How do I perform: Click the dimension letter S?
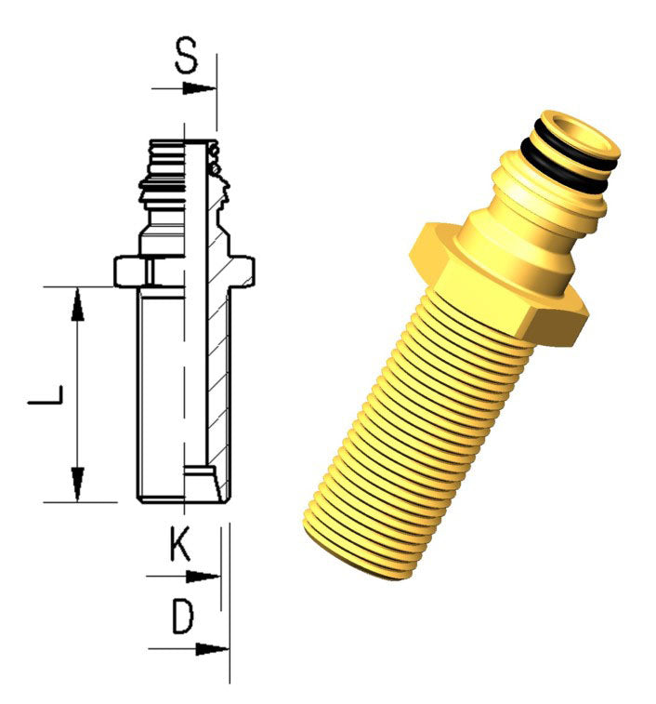point(186,56)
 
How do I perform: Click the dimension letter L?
point(45,393)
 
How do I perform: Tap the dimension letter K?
point(181,544)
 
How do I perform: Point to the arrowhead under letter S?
point(199,88)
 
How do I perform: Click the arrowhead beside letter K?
point(203,577)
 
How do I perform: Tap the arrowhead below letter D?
point(212,649)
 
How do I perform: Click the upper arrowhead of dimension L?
point(78,304)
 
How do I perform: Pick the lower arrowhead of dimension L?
point(78,485)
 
